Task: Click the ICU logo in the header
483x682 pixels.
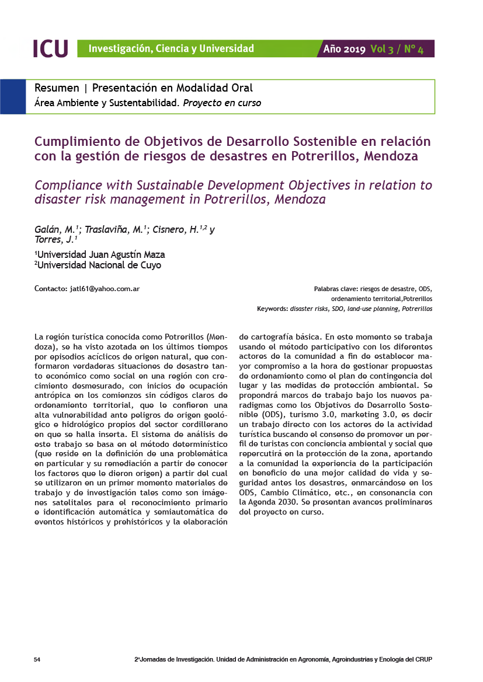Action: click(x=51, y=48)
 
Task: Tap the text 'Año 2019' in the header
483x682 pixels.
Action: click(x=345, y=49)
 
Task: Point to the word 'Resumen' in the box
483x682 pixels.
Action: click(x=57, y=88)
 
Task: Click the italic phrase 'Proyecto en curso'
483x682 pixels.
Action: click(x=222, y=103)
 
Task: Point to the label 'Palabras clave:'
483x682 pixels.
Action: click(x=336, y=289)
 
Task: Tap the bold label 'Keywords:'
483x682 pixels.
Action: click(x=273, y=309)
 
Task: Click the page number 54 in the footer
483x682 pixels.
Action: click(x=37, y=660)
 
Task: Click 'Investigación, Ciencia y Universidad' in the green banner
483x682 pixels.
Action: click(x=171, y=49)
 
